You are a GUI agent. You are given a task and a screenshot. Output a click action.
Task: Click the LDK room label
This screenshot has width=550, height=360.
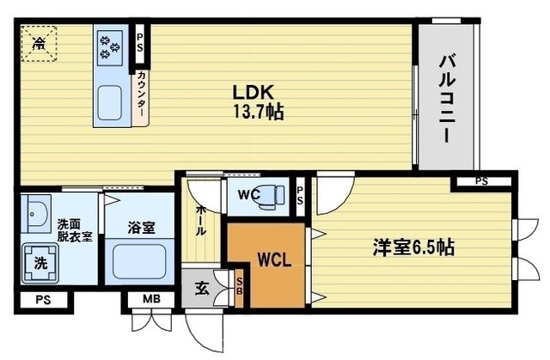tap(253, 93)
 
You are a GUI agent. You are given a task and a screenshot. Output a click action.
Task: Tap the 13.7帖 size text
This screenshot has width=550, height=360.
tap(258, 113)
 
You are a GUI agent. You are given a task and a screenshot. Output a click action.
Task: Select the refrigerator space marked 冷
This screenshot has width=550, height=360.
tap(39, 44)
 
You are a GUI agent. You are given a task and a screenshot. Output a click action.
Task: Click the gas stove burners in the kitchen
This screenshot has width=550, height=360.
tap(110, 47)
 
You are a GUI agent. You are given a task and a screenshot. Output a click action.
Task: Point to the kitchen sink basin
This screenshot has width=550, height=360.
tap(110, 103)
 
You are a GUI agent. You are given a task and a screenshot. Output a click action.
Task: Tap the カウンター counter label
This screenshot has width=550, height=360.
tap(141, 94)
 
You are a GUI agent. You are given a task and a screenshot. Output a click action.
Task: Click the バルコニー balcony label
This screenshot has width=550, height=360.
tap(447, 99)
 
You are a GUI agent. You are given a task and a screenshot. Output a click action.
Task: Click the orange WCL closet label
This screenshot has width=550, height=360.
tap(274, 259)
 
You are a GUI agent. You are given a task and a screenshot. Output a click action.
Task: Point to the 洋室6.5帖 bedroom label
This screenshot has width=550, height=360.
tap(413, 247)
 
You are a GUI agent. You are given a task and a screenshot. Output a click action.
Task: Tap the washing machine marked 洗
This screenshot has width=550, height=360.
tap(40, 263)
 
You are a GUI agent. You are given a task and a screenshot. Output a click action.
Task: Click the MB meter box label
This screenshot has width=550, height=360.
tap(151, 299)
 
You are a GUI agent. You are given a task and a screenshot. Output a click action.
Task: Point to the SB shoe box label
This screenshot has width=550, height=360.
tap(239, 286)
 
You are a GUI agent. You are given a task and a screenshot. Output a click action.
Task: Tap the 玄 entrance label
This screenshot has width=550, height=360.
tap(202, 289)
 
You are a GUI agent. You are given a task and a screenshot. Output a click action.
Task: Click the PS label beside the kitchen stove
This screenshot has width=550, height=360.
tap(139, 43)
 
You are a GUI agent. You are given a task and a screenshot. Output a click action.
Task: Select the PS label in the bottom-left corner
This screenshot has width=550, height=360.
tap(43, 300)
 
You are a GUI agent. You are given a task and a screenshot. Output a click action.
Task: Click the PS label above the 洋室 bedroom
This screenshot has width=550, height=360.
tap(481, 181)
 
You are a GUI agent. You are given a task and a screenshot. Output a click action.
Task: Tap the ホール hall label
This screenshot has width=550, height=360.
tap(200, 221)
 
